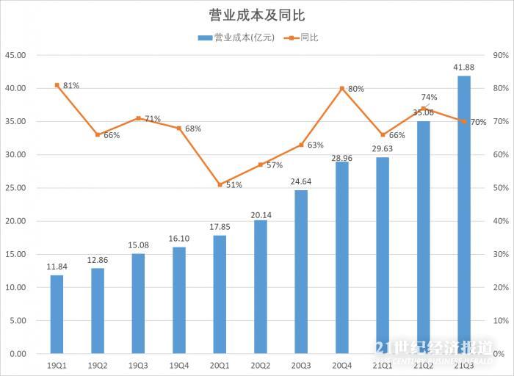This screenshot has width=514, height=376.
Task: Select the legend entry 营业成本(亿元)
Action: click(x=237, y=38)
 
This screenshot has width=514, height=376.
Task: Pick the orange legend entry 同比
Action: click(x=305, y=38)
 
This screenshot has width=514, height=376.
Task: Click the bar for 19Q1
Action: click(x=57, y=314)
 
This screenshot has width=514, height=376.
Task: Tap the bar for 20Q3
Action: click(x=301, y=272)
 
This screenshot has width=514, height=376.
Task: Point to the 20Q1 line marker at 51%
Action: click(x=220, y=184)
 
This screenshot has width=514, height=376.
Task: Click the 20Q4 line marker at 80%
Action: click(x=342, y=88)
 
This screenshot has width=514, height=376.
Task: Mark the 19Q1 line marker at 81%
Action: click(x=57, y=85)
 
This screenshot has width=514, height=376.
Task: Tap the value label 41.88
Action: click(x=463, y=68)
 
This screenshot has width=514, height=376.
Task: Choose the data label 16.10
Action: click(x=179, y=239)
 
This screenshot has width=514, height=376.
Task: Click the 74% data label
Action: click(x=430, y=97)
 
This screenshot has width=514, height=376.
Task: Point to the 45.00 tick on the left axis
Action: click(x=15, y=55)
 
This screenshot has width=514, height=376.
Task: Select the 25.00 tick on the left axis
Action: click(x=15, y=188)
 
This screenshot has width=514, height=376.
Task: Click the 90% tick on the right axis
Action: click(x=502, y=55)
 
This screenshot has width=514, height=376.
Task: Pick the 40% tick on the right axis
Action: click(x=502, y=221)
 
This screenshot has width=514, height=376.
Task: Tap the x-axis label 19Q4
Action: click(x=179, y=365)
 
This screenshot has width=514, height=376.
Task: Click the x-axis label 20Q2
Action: click(x=261, y=365)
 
